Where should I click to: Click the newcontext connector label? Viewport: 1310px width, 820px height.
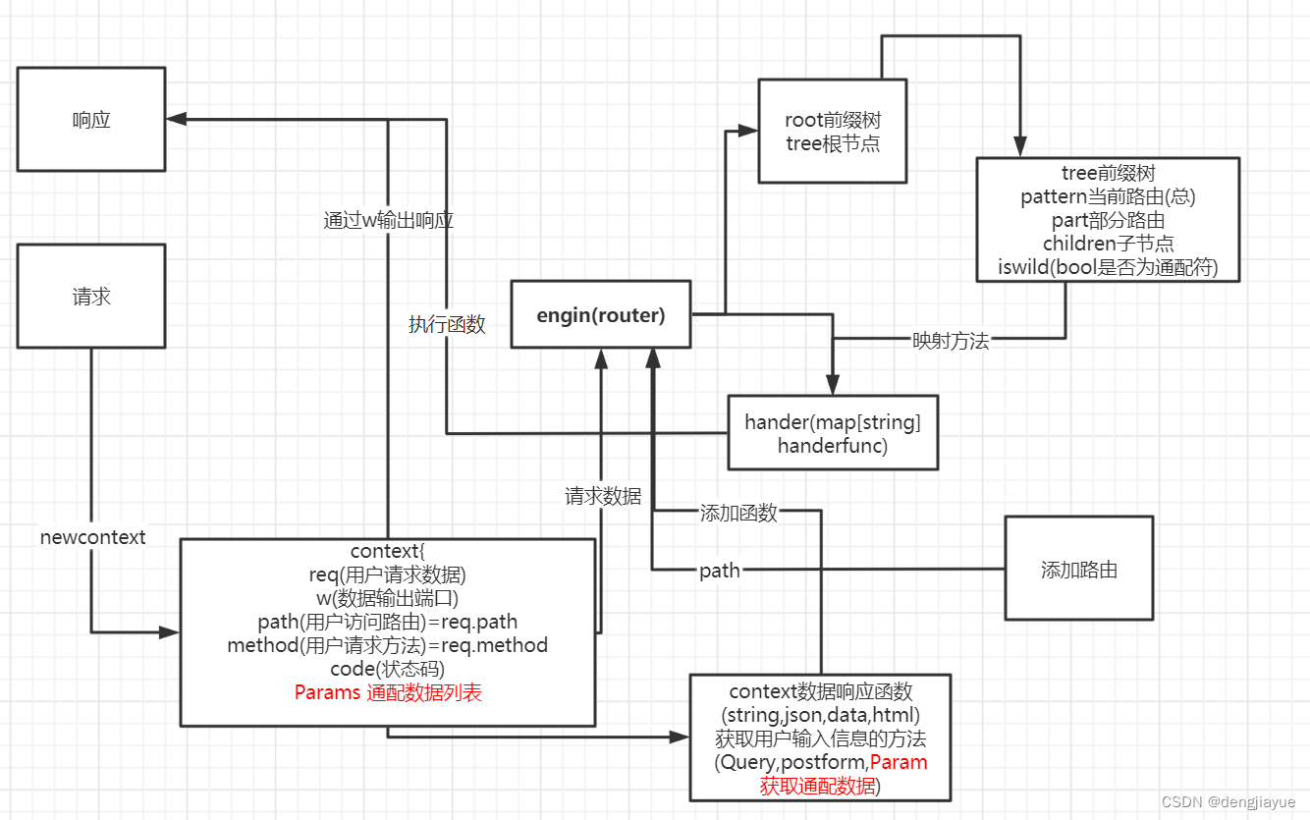point(92,537)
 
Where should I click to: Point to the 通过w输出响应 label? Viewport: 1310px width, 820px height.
point(388,221)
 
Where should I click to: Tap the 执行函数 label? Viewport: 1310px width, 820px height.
point(447,324)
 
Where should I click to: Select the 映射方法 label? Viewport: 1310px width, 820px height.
point(951,341)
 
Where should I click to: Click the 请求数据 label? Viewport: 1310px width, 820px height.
point(603,496)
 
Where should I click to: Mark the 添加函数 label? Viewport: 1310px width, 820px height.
point(738,513)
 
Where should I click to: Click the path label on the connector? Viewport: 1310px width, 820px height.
point(720,571)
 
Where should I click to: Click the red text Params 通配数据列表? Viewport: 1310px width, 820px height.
point(388,692)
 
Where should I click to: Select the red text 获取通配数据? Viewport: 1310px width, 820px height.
point(818,786)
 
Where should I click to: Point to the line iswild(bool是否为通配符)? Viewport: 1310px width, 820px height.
point(1108,267)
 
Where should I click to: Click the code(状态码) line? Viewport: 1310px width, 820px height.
point(388,669)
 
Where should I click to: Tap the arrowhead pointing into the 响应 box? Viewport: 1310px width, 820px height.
point(177,119)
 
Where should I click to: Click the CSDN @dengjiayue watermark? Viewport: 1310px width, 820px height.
point(1228,801)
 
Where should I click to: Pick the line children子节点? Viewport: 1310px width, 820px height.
point(1109,244)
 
